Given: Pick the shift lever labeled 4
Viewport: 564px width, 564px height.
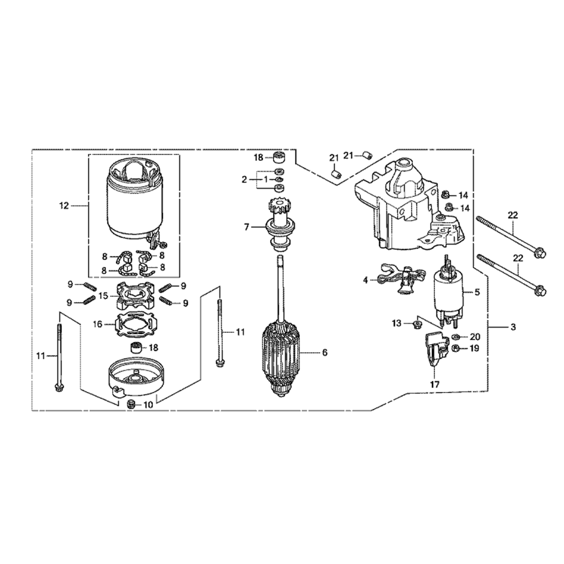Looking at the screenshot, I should [402, 280].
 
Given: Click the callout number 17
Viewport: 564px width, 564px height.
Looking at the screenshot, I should [434, 385].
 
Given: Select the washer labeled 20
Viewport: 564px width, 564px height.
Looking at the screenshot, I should [455, 337].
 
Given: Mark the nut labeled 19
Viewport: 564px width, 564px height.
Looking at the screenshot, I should [456, 349].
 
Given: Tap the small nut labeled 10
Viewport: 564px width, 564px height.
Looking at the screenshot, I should [131, 404].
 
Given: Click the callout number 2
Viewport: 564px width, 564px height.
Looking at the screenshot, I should [245, 179].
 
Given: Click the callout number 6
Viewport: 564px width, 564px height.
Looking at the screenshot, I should [324, 352].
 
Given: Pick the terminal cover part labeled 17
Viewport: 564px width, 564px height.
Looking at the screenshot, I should [434, 354].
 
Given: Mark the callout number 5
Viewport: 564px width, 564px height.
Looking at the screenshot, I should [477, 292].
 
